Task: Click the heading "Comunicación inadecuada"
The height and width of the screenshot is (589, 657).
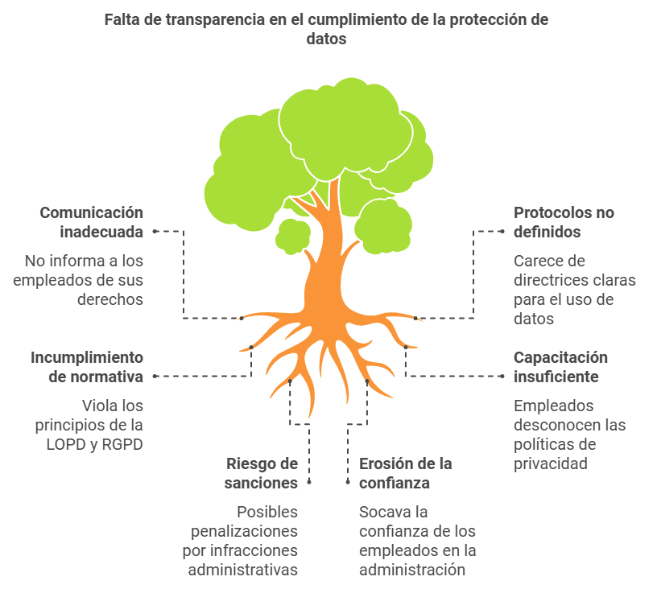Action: (91, 222)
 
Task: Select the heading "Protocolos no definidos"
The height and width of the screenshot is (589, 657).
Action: (564, 222)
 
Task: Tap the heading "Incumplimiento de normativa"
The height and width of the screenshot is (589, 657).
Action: (87, 367)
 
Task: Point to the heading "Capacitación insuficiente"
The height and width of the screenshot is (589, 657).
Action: (560, 367)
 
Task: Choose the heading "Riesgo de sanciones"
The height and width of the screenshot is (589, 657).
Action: (261, 473)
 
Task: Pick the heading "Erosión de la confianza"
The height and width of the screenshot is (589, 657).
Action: (406, 473)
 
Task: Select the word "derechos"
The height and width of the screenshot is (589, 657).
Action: (110, 299)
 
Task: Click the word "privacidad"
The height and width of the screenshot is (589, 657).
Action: (551, 464)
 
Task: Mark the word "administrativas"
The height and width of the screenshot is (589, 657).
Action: (243, 570)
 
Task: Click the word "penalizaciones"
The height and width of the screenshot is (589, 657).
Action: (244, 532)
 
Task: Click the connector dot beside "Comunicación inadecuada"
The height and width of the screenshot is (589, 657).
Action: (155, 231)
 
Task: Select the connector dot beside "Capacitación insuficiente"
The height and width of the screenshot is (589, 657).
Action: (502, 376)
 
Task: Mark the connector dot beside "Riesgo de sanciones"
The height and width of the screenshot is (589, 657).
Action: (309, 482)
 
